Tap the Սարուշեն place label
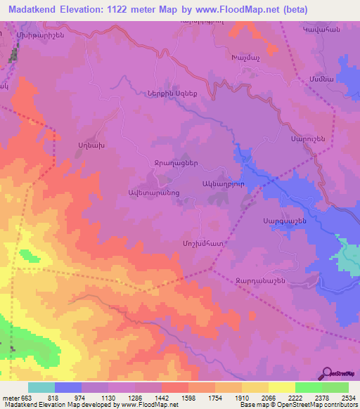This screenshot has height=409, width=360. [307, 139]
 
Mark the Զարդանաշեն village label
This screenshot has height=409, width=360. [260, 280]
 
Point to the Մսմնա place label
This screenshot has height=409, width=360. [314, 79]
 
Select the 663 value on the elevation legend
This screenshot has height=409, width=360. [23, 397]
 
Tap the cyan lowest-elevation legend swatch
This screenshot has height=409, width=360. [41, 387]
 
